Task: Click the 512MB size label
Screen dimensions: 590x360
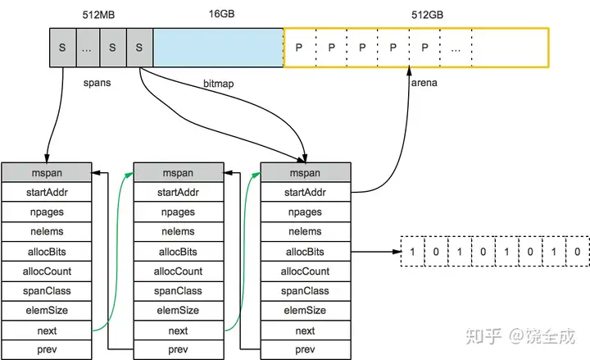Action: click(x=98, y=15)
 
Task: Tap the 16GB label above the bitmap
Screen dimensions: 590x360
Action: click(x=221, y=14)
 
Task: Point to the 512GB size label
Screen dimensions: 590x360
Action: click(x=427, y=15)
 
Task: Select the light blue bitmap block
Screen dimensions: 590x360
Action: click(x=218, y=48)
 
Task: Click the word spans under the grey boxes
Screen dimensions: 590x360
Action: click(x=97, y=83)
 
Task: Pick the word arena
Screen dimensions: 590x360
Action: click(x=424, y=83)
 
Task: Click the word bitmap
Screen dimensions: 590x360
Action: click(x=218, y=83)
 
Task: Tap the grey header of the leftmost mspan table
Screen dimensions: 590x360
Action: click(x=47, y=173)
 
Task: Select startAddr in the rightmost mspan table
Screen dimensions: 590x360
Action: click(x=305, y=193)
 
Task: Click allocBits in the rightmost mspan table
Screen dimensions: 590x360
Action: click(x=305, y=252)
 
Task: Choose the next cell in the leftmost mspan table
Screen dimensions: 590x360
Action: click(x=47, y=330)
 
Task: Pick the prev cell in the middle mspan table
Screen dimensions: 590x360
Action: click(x=178, y=349)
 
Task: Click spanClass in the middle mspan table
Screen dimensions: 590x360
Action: click(x=178, y=291)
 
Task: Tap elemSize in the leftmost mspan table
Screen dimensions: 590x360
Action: click(x=47, y=310)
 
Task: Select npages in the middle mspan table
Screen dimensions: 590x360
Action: click(x=178, y=212)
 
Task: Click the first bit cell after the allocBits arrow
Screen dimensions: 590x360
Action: click(x=413, y=252)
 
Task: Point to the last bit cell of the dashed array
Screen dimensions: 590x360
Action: click(x=577, y=252)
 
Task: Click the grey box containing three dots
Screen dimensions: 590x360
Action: click(x=88, y=48)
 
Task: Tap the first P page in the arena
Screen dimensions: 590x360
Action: click(x=300, y=48)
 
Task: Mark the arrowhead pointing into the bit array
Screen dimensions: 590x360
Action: click(x=397, y=252)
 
